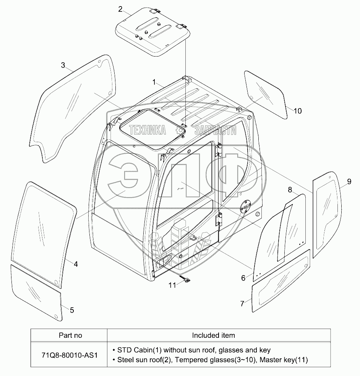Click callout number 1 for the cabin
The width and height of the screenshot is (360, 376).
point(154,82)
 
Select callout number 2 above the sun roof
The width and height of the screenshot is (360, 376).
point(120,9)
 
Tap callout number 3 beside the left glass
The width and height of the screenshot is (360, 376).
point(63,65)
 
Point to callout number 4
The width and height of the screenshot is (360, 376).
point(76,264)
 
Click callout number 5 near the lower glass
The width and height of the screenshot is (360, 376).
point(72,310)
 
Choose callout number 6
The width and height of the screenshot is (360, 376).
point(243,278)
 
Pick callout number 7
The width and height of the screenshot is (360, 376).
point(242,304)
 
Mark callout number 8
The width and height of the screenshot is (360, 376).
point(290,190)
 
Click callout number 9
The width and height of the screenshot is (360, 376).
point(349,181)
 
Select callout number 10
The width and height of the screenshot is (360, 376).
point(297,111)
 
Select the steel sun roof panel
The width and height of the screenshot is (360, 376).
point(153,32)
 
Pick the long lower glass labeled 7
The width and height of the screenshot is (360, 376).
point(281,279)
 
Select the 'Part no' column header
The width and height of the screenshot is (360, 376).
point(70,335)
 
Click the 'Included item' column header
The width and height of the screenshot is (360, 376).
point(213,335)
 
